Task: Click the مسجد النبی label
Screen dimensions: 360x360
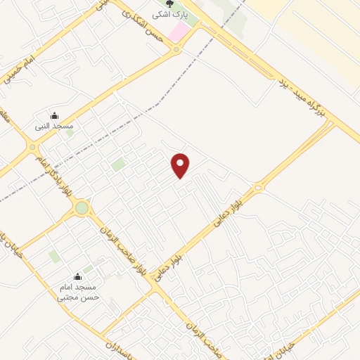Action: tap(55, 126)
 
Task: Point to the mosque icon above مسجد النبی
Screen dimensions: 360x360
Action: tap(55, 116)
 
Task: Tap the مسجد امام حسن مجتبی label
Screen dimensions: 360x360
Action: tap(78, 292)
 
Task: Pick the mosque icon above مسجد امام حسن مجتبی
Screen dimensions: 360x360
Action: tap(78, 278)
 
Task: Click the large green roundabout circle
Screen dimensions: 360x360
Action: tap(82, 208)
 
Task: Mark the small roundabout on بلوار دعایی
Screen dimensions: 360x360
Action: tap(258, 187)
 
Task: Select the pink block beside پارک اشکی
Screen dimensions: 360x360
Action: tap(179, 31)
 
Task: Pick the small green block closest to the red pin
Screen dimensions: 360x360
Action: tap(118, 165)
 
